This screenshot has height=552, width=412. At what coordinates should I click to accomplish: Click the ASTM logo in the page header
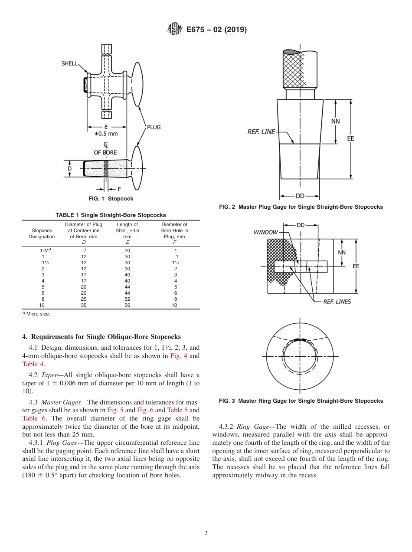pos(175,30)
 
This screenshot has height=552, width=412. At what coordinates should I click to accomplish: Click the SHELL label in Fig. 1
pos(69,63)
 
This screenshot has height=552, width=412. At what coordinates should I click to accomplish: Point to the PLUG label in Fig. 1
pos(154,127)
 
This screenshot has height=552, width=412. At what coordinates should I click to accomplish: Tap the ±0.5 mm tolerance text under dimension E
pos(106,134)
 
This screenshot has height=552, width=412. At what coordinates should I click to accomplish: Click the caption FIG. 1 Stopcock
pos(111,199)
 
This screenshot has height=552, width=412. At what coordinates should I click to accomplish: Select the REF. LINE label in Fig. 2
pos(261,131)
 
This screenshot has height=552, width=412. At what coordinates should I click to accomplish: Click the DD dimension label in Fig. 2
pos(300,196)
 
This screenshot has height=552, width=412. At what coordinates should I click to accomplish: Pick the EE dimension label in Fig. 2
pos(350,138)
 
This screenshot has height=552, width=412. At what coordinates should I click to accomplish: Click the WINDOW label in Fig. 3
pos(265,233)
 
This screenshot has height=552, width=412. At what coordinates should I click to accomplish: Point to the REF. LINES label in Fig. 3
pos(337,302)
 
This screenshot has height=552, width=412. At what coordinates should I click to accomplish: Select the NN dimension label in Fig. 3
pos(342,252)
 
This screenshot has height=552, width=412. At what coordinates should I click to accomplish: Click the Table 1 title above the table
pos(111,215)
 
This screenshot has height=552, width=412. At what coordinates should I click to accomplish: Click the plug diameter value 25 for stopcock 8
pos(84,299)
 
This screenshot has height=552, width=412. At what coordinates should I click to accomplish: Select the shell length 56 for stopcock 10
pos(127,305)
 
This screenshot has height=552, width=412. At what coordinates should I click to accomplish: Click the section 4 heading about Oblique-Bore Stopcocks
pos(101,337)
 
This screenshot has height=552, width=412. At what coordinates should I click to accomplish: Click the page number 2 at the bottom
pos(206,533)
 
